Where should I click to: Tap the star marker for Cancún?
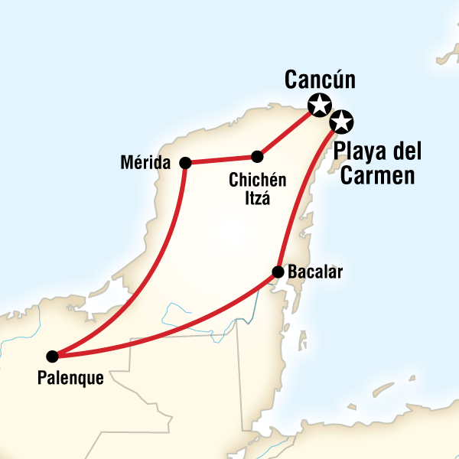317,104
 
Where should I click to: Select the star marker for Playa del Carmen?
342,121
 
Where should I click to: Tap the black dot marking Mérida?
184,162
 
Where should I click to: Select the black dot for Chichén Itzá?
257,157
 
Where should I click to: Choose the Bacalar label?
316,272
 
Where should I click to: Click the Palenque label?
70,376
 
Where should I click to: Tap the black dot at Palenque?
52,356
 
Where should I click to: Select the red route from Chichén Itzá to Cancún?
288,130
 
